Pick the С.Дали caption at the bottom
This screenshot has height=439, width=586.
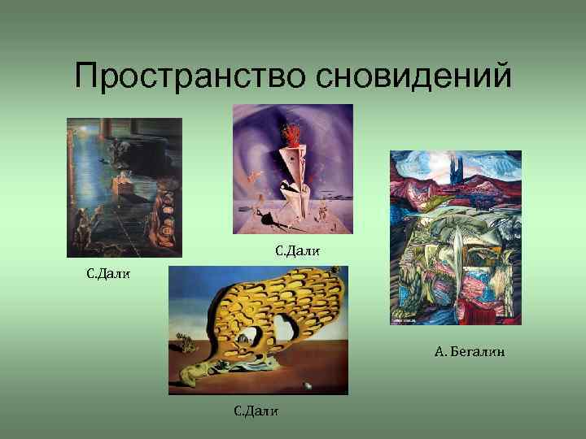[256, 411]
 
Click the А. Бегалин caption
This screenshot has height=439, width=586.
[470, 351]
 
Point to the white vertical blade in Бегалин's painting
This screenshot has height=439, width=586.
[457, 244]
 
